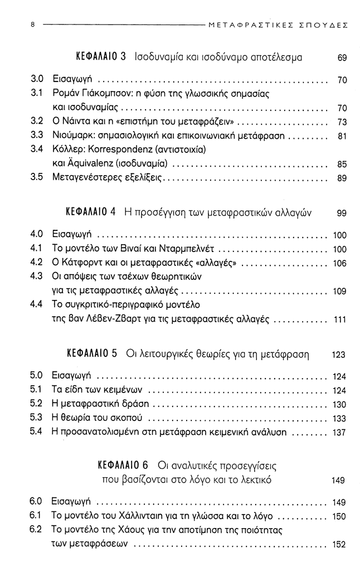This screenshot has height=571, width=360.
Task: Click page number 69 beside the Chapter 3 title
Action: point(342,58)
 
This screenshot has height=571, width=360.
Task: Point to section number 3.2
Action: point(36,120)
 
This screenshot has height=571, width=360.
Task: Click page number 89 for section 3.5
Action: point(342,178)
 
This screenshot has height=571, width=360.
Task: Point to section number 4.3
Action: point(36,276)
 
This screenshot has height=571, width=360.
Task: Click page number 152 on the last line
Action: point(339,545)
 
